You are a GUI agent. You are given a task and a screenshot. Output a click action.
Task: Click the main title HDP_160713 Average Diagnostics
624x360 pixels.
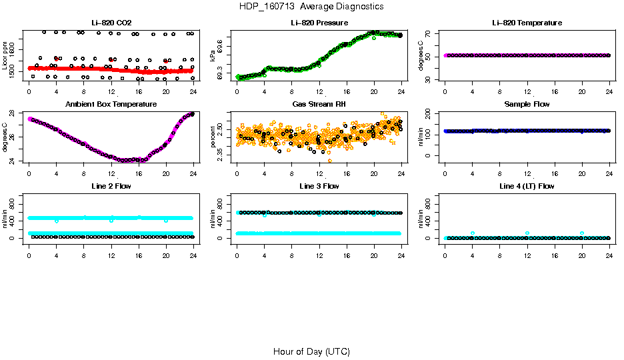click(x=311, y=6)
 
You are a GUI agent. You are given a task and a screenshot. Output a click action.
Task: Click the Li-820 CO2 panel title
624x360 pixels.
click(x=111, y=23)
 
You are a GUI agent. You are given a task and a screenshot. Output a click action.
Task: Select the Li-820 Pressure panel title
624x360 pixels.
click(x=319, y=23)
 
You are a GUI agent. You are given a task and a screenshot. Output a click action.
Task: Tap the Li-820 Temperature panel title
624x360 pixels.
click(x=527, y=23)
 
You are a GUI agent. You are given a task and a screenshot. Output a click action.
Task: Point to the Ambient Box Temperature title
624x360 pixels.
click(x=111, y=105)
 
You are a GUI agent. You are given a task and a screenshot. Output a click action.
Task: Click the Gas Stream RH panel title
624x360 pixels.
click(x=319, y=105)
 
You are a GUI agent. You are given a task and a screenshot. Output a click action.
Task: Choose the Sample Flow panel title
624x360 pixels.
click(x=527, y=105)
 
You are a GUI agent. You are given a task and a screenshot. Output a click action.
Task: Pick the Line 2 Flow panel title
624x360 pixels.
click(x=111, y=186)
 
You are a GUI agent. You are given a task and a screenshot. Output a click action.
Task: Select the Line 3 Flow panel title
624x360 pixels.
click(x=319, y=186)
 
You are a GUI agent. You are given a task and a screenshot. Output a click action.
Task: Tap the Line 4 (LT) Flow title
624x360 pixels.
click(x=527, y=186)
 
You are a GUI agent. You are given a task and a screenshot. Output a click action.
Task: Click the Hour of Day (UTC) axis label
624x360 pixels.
click(x=311, y=351)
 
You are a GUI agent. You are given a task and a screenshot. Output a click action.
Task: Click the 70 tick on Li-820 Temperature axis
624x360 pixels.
click(x=429, y=33)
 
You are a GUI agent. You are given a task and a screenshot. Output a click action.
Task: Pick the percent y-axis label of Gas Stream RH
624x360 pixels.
click(x=213, y=137)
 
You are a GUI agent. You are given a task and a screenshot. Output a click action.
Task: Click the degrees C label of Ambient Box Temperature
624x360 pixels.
click(x=5, y=137)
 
